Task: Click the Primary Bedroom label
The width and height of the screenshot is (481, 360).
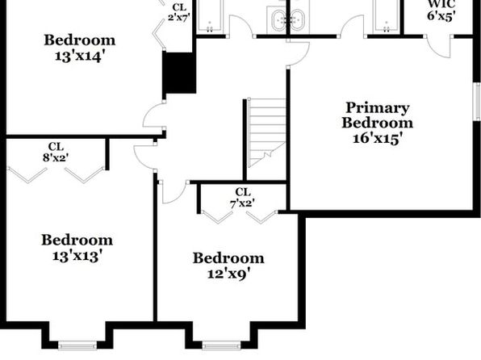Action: pyautogui.click(x=378, y=115)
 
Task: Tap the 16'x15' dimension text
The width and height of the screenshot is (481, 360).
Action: pyautogui.click(x=378, y=138)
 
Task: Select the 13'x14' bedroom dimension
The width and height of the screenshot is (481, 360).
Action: pyautogui.click(x=78, y=57)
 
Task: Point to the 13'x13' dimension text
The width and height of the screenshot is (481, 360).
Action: pyautogui.click(x=77, y=256)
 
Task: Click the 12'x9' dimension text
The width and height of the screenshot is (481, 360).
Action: pyautogui.click(x=228, y=273)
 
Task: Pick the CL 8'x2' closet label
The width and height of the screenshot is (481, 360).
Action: pyautogui.click(x=56, y=152)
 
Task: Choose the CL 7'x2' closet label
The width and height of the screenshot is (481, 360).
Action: pyautogui.click(x=243, y=198)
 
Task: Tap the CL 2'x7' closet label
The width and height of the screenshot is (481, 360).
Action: pyautogui.click(x=179, y=12)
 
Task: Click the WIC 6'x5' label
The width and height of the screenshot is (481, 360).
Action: pyautogui.click(x=441, y=10)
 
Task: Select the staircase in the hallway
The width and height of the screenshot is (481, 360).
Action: pyautogui.click(x=266, y=132)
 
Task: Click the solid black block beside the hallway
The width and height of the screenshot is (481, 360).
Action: pyautogui.click(x=179, y=73)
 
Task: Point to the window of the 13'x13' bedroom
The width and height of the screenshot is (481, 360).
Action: pyautogui.click(x=77, y=345)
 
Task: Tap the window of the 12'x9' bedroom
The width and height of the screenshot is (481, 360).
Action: pyautogui.click(x=221, y=345)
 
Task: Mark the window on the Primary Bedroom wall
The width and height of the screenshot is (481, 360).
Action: pyautogui.click(x=477, y=101)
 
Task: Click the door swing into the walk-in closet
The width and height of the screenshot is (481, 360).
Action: pyautogui.click(x=440, y=46)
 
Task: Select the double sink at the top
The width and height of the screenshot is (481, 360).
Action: pyautogui.click(x=288, y=20)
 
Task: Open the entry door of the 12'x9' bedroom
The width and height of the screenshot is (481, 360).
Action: pyautogui.click(x=174, y=192)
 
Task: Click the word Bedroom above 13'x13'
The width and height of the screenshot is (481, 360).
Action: pyautogui.click(x=77, y=240)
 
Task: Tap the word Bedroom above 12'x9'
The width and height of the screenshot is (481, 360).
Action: pyautogui.click(x=228, y=258)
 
